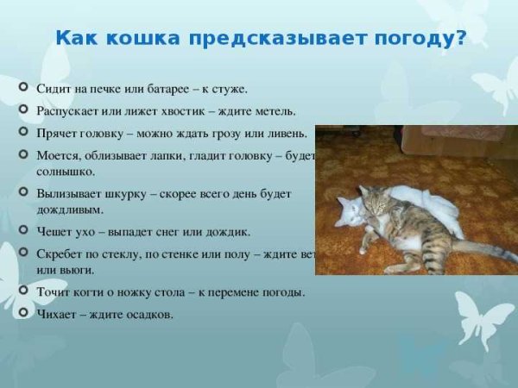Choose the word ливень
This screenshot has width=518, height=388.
[285, 134]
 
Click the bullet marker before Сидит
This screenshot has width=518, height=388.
[22, 88]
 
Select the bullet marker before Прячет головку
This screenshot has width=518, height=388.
[22, 133]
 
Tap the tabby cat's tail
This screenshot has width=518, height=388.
[483, 249]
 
